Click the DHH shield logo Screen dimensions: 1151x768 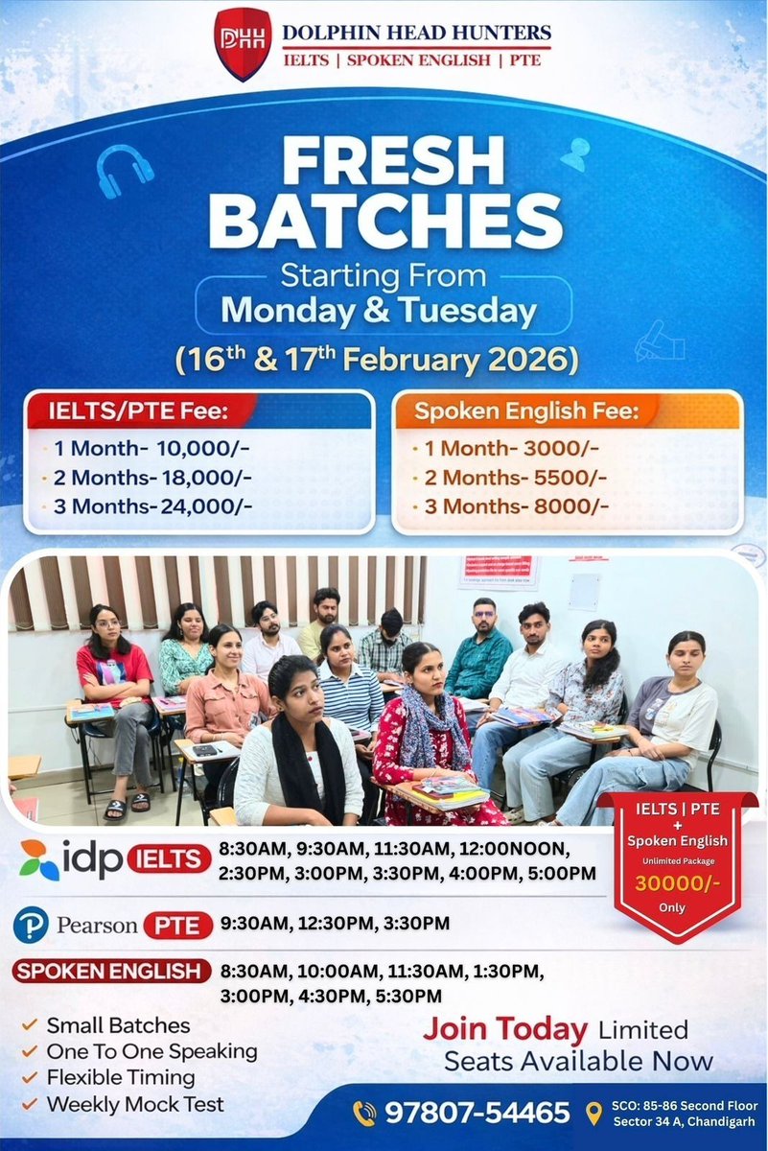[243, 45]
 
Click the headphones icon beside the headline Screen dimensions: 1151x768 [127, 172]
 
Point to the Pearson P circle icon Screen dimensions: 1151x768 [31, 927]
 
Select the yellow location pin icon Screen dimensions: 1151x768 [593, 1113]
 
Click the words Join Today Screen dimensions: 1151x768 [505, 1030]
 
